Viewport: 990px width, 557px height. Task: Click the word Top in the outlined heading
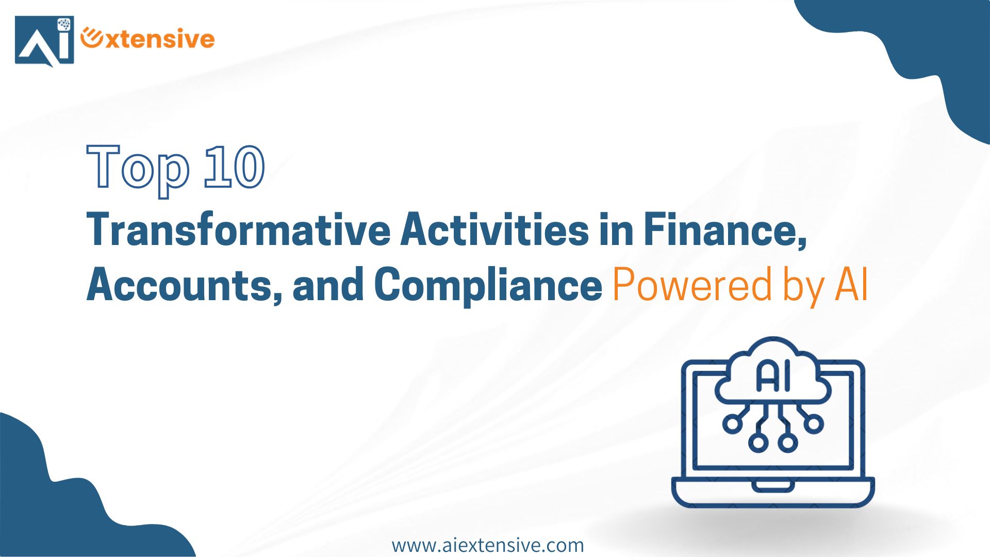point(138,170)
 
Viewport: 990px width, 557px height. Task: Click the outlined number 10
point(235,166)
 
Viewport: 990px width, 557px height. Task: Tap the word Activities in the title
point(494,230)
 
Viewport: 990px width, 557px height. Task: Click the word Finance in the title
point(725,231)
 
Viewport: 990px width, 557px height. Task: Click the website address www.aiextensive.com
point(488,545)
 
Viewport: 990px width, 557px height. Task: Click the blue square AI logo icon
point(44,41)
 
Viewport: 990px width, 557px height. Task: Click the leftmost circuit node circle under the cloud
point(732,423)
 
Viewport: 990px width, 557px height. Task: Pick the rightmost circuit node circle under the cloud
point(814,423)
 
